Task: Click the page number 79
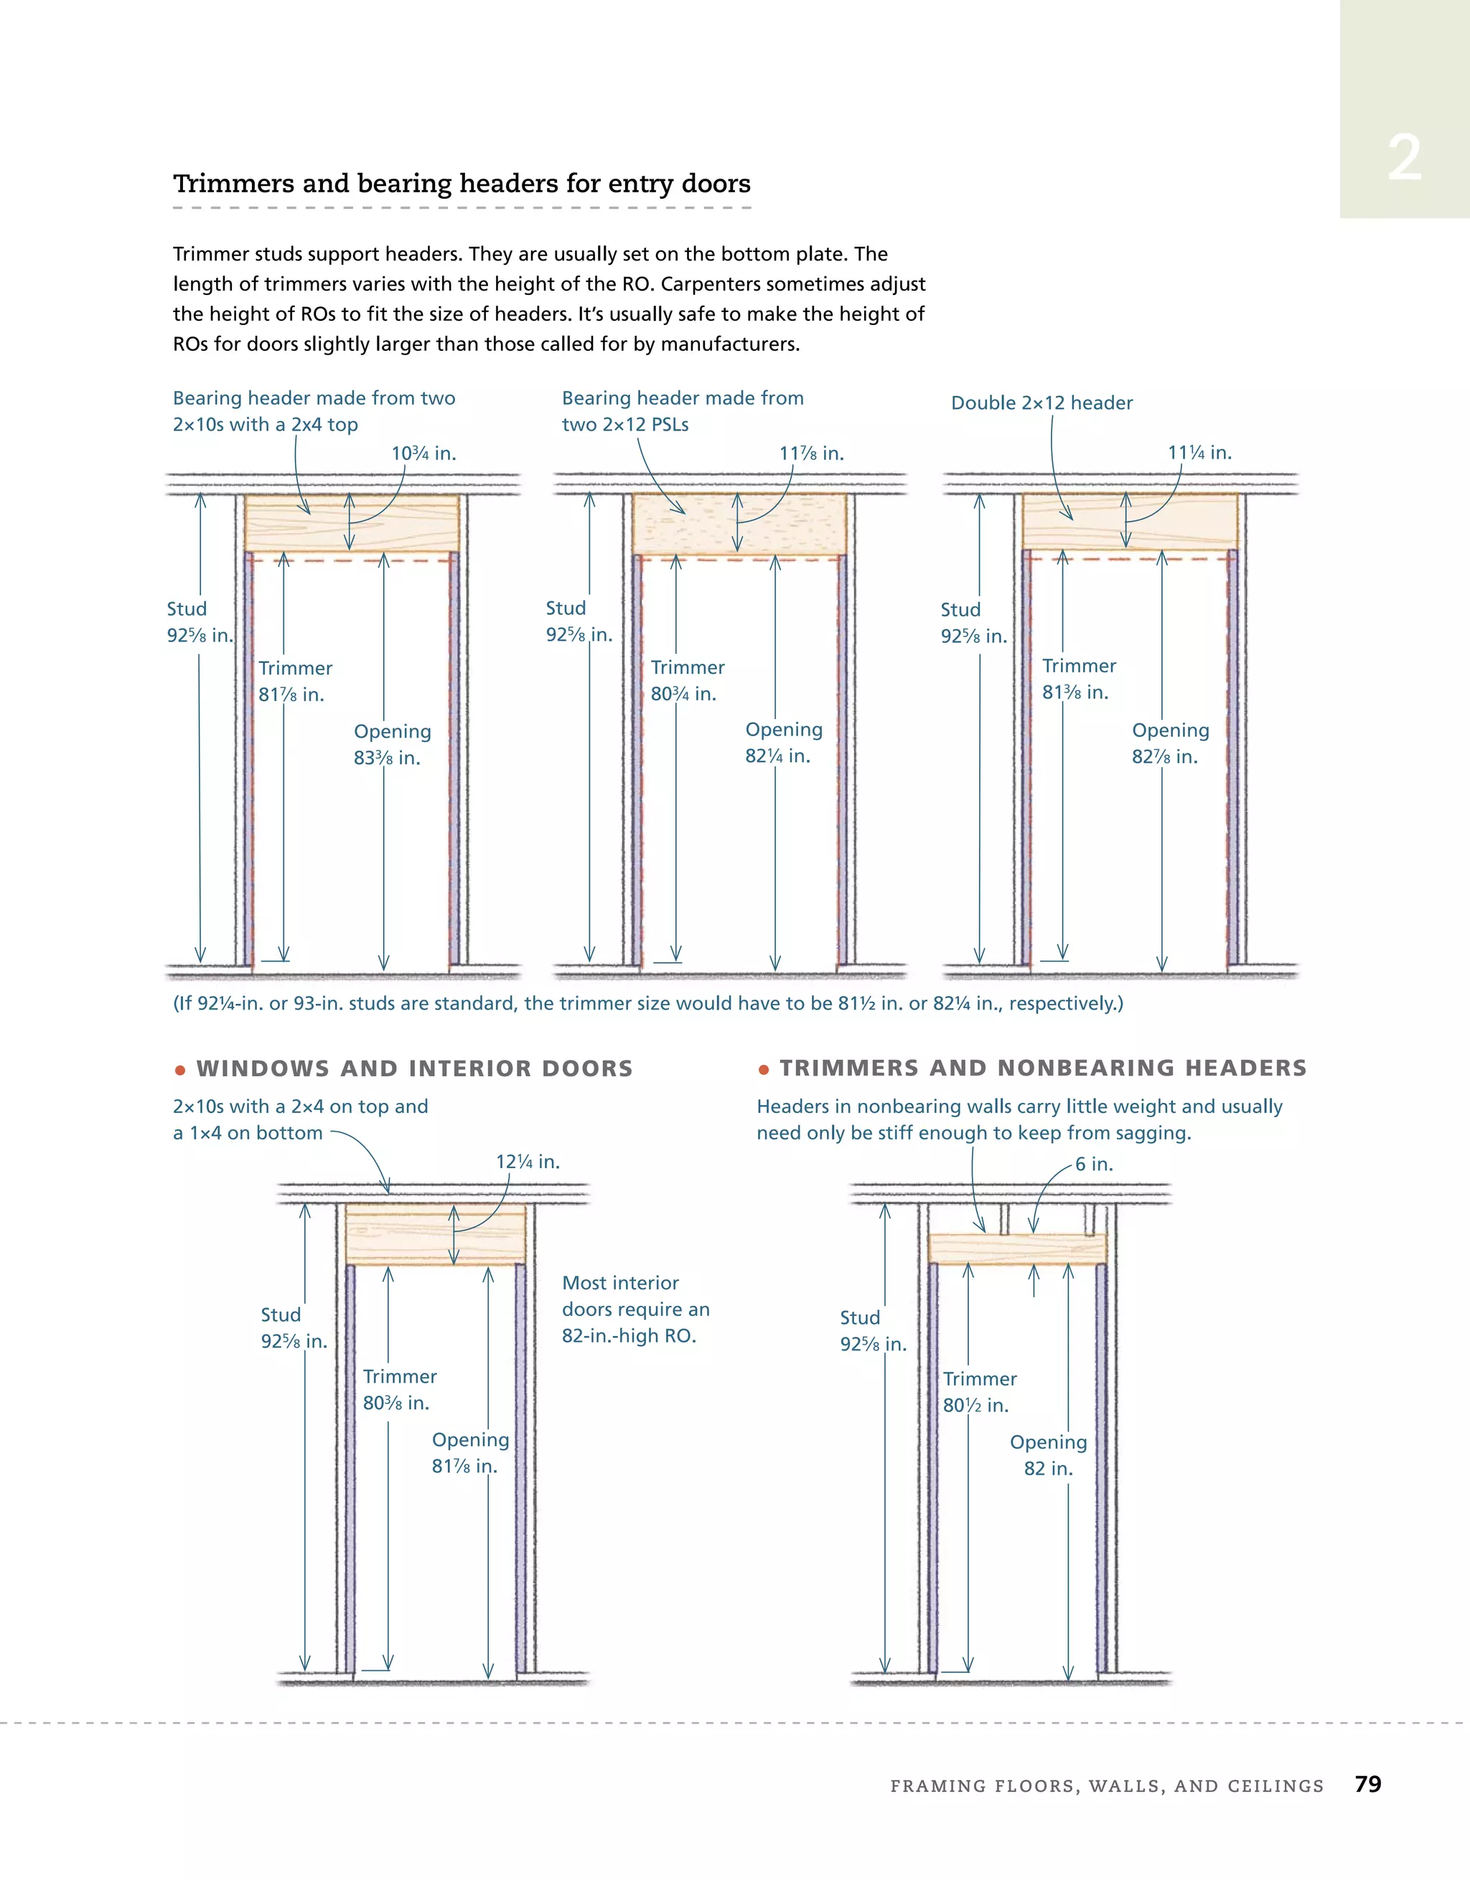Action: pos(1367,1784)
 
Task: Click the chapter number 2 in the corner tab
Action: pos(1404,159)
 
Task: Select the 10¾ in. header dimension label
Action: pos(423,453)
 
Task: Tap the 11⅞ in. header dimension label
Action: pos(811,453)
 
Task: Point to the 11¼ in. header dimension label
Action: pos(1199,453)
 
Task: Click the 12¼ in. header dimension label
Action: pos(528,1162)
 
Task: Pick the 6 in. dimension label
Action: pos(1094,1164)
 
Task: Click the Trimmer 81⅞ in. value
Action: pos(291,695)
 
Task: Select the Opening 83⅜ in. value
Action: pos(387,758)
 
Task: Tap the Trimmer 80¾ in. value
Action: pos(683,694)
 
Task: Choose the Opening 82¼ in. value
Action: pos(777,756)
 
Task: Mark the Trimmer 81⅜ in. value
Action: pos(1075,692)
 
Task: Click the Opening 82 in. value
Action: pos(1048,1469)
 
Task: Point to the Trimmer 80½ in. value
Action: pos(975,1406)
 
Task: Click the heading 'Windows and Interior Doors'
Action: pos(414,1068)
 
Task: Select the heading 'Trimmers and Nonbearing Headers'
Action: pos(1043,1068)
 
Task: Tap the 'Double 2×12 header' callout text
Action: pos(1041,403)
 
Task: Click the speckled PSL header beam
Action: pos(739,525)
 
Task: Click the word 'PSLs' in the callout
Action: pos(669,424)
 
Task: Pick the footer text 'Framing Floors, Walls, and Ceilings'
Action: pos(1107,1786)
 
